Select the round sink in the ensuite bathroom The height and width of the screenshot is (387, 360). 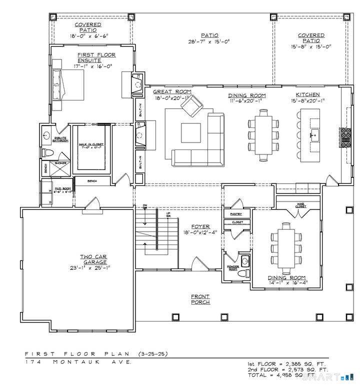[x=46, y=134]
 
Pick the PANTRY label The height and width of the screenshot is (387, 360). [x=236, y=214]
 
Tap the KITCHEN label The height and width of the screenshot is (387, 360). [x=307, y=95]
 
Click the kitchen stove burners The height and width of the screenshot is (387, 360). [x=345, y=134]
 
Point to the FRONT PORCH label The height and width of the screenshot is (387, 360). [x=200, y=299]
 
